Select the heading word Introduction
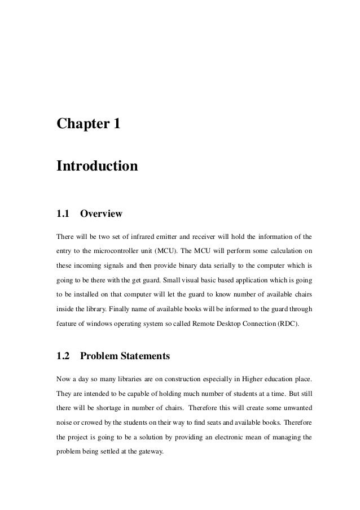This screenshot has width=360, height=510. pyautogui.click(x=96, y=167)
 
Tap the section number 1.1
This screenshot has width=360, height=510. pyautogui.click(x=62, y=214)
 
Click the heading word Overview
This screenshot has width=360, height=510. pyautogui.click(x=102, y=214)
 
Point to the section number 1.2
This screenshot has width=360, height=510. pyautogui.click(x=62, y=356)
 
